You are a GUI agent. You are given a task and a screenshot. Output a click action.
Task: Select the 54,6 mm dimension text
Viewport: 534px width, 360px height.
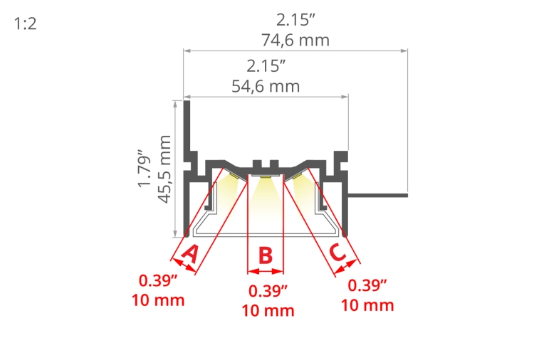coord(266,87)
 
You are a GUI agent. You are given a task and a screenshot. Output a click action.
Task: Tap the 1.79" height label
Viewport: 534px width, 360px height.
coord(145,168)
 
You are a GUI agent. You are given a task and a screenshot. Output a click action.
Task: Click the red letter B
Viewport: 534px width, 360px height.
coord(265,255)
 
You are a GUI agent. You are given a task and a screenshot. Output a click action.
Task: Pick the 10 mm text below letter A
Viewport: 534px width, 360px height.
coord(158,300)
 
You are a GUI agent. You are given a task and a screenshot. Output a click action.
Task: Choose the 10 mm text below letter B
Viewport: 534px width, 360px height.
coord(268,310)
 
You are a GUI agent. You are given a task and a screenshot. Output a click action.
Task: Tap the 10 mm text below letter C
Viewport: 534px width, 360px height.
coord(367,305)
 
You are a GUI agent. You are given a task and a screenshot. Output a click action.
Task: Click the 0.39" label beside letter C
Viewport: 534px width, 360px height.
coord(367,285)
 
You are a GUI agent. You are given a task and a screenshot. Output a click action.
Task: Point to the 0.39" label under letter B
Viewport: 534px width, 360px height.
coord(268,290)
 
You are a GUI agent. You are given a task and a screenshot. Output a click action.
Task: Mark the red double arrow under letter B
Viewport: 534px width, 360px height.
coord(265,271)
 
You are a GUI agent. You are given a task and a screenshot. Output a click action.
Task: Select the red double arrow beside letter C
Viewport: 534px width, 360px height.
coord(345,266)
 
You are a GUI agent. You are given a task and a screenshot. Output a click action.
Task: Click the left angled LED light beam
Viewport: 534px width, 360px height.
coord(228,189)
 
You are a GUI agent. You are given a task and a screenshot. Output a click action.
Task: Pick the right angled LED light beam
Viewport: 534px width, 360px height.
coord(302,189)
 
